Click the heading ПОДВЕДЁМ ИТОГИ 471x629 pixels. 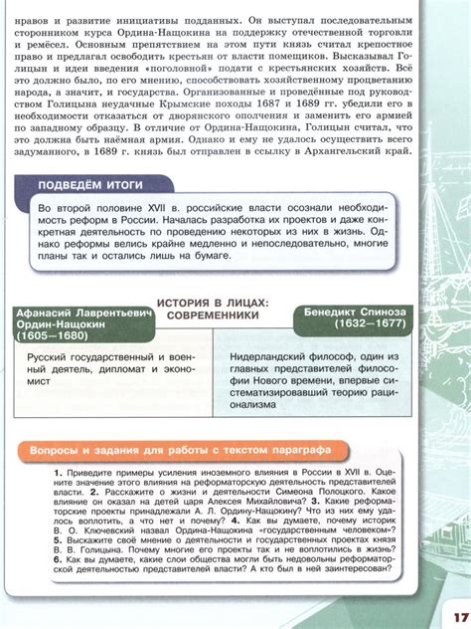[89, 185]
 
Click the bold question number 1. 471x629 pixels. [59, 468]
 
